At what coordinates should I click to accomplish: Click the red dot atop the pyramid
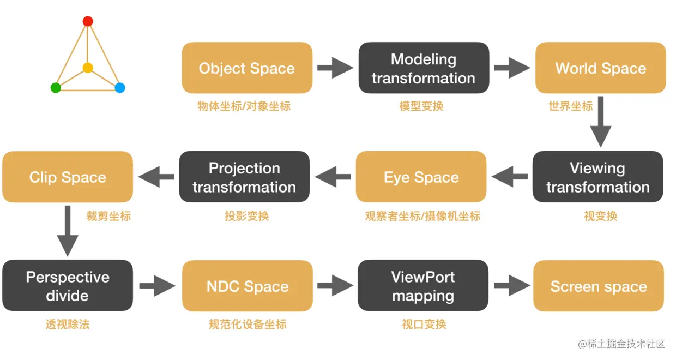[x=88, y=21]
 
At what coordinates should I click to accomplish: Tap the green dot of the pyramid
[x=56, y=88]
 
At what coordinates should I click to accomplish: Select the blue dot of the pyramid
[x=120, y=88]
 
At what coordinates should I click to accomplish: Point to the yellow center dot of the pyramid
[x=88, y=68]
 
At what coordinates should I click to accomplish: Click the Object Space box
[x=247, y=68]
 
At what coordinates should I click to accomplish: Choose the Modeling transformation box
[x=424, y=68]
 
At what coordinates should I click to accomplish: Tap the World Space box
[x=601, y=68]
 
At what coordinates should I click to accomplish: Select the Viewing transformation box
[x=598, y=177]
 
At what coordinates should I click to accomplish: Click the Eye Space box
[x=421, y=177]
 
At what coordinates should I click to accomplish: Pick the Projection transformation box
[x=244, y=177]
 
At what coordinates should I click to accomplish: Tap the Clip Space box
[x=68, y=177]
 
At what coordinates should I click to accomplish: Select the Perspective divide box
[x=68, y=286]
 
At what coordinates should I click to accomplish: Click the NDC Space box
[x=248, y=286]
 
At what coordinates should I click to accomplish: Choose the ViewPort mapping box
[x=423, y=286]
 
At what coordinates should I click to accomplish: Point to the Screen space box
[x=599, y=286]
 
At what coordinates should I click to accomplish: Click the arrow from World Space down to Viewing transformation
[x=601, y=122]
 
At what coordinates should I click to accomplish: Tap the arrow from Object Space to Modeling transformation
[x=335, y=68]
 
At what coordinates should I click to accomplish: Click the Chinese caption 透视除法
[x=68, y=325]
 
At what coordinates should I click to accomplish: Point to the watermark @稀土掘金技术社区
[x=621, y=344]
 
